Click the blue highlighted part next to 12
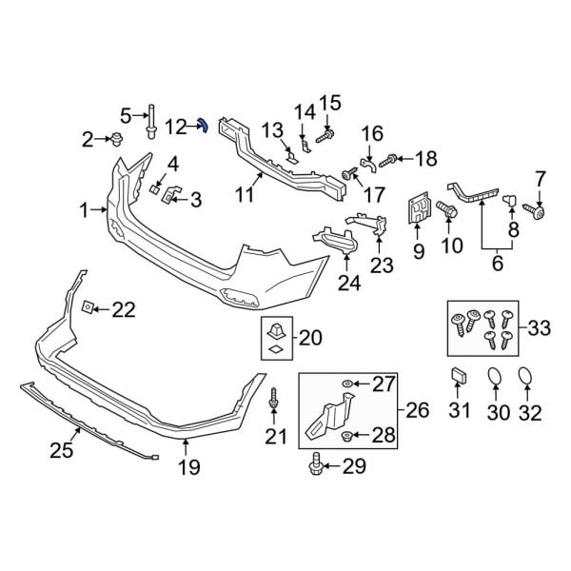pos(203,126)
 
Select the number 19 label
pos(188,467)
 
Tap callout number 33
pos(539,329)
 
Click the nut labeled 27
pos(348,384)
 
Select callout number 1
pos(86,209)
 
